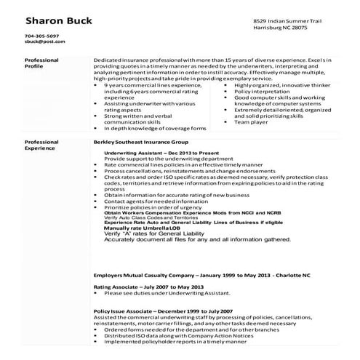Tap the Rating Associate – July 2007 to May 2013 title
pos(140,287)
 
